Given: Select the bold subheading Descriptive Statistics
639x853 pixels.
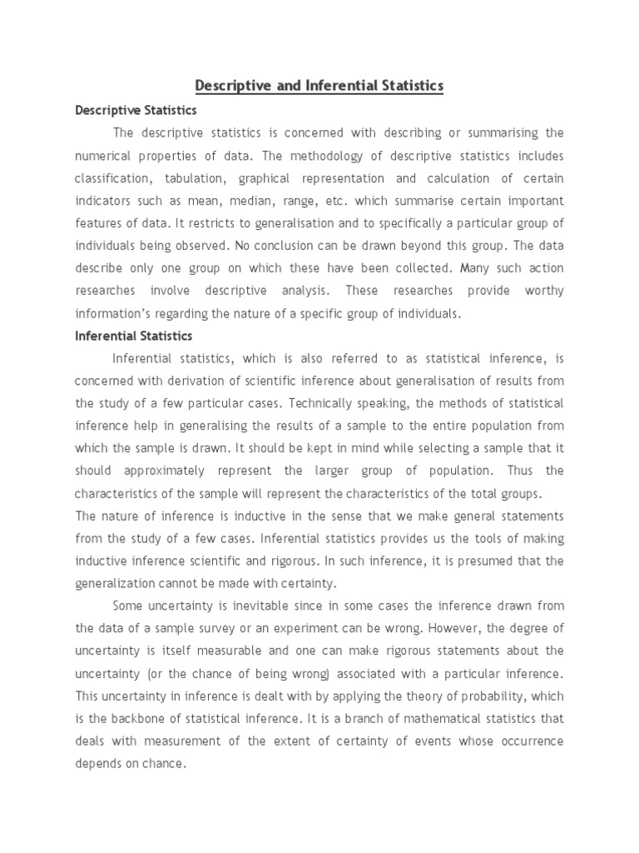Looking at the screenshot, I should point(136,110).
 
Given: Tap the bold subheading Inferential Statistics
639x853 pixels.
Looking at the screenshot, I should point(134,336).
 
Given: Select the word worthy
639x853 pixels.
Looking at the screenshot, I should point(545,291).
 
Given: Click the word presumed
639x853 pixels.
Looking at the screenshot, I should point(512,561).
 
